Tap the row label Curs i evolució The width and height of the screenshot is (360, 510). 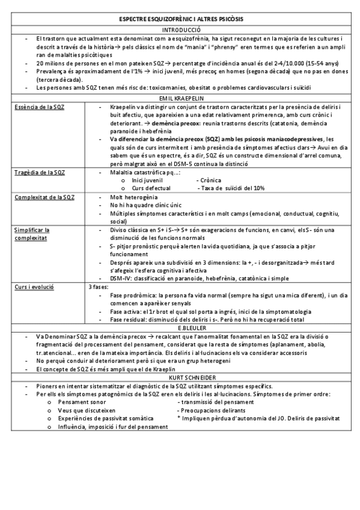(x=34, y=287)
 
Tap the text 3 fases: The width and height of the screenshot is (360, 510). (x=99, y=287)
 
